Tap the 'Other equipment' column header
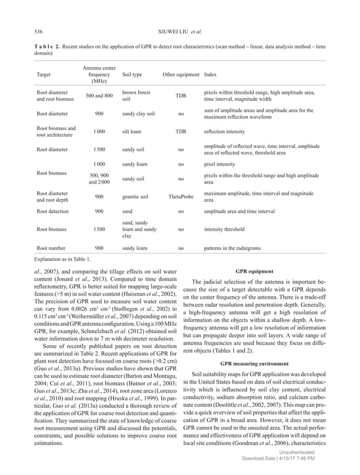tap(181, 74)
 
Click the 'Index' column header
tap(210, 74)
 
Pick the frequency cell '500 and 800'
tap(99, 95)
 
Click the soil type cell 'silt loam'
tap(133, 132)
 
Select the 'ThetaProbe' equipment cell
tap(181, 197)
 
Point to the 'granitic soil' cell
tap(137, 197)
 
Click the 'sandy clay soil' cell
tap(139, 114)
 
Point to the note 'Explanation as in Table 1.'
tap(62, 259)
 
